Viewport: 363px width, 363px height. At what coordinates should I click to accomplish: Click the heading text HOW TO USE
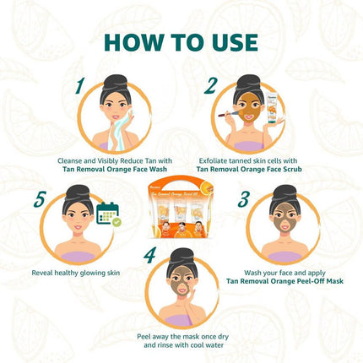[181, 41]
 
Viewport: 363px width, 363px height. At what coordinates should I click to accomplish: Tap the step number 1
[79, 85]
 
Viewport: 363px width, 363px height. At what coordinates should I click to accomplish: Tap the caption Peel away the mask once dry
[181, 335]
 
